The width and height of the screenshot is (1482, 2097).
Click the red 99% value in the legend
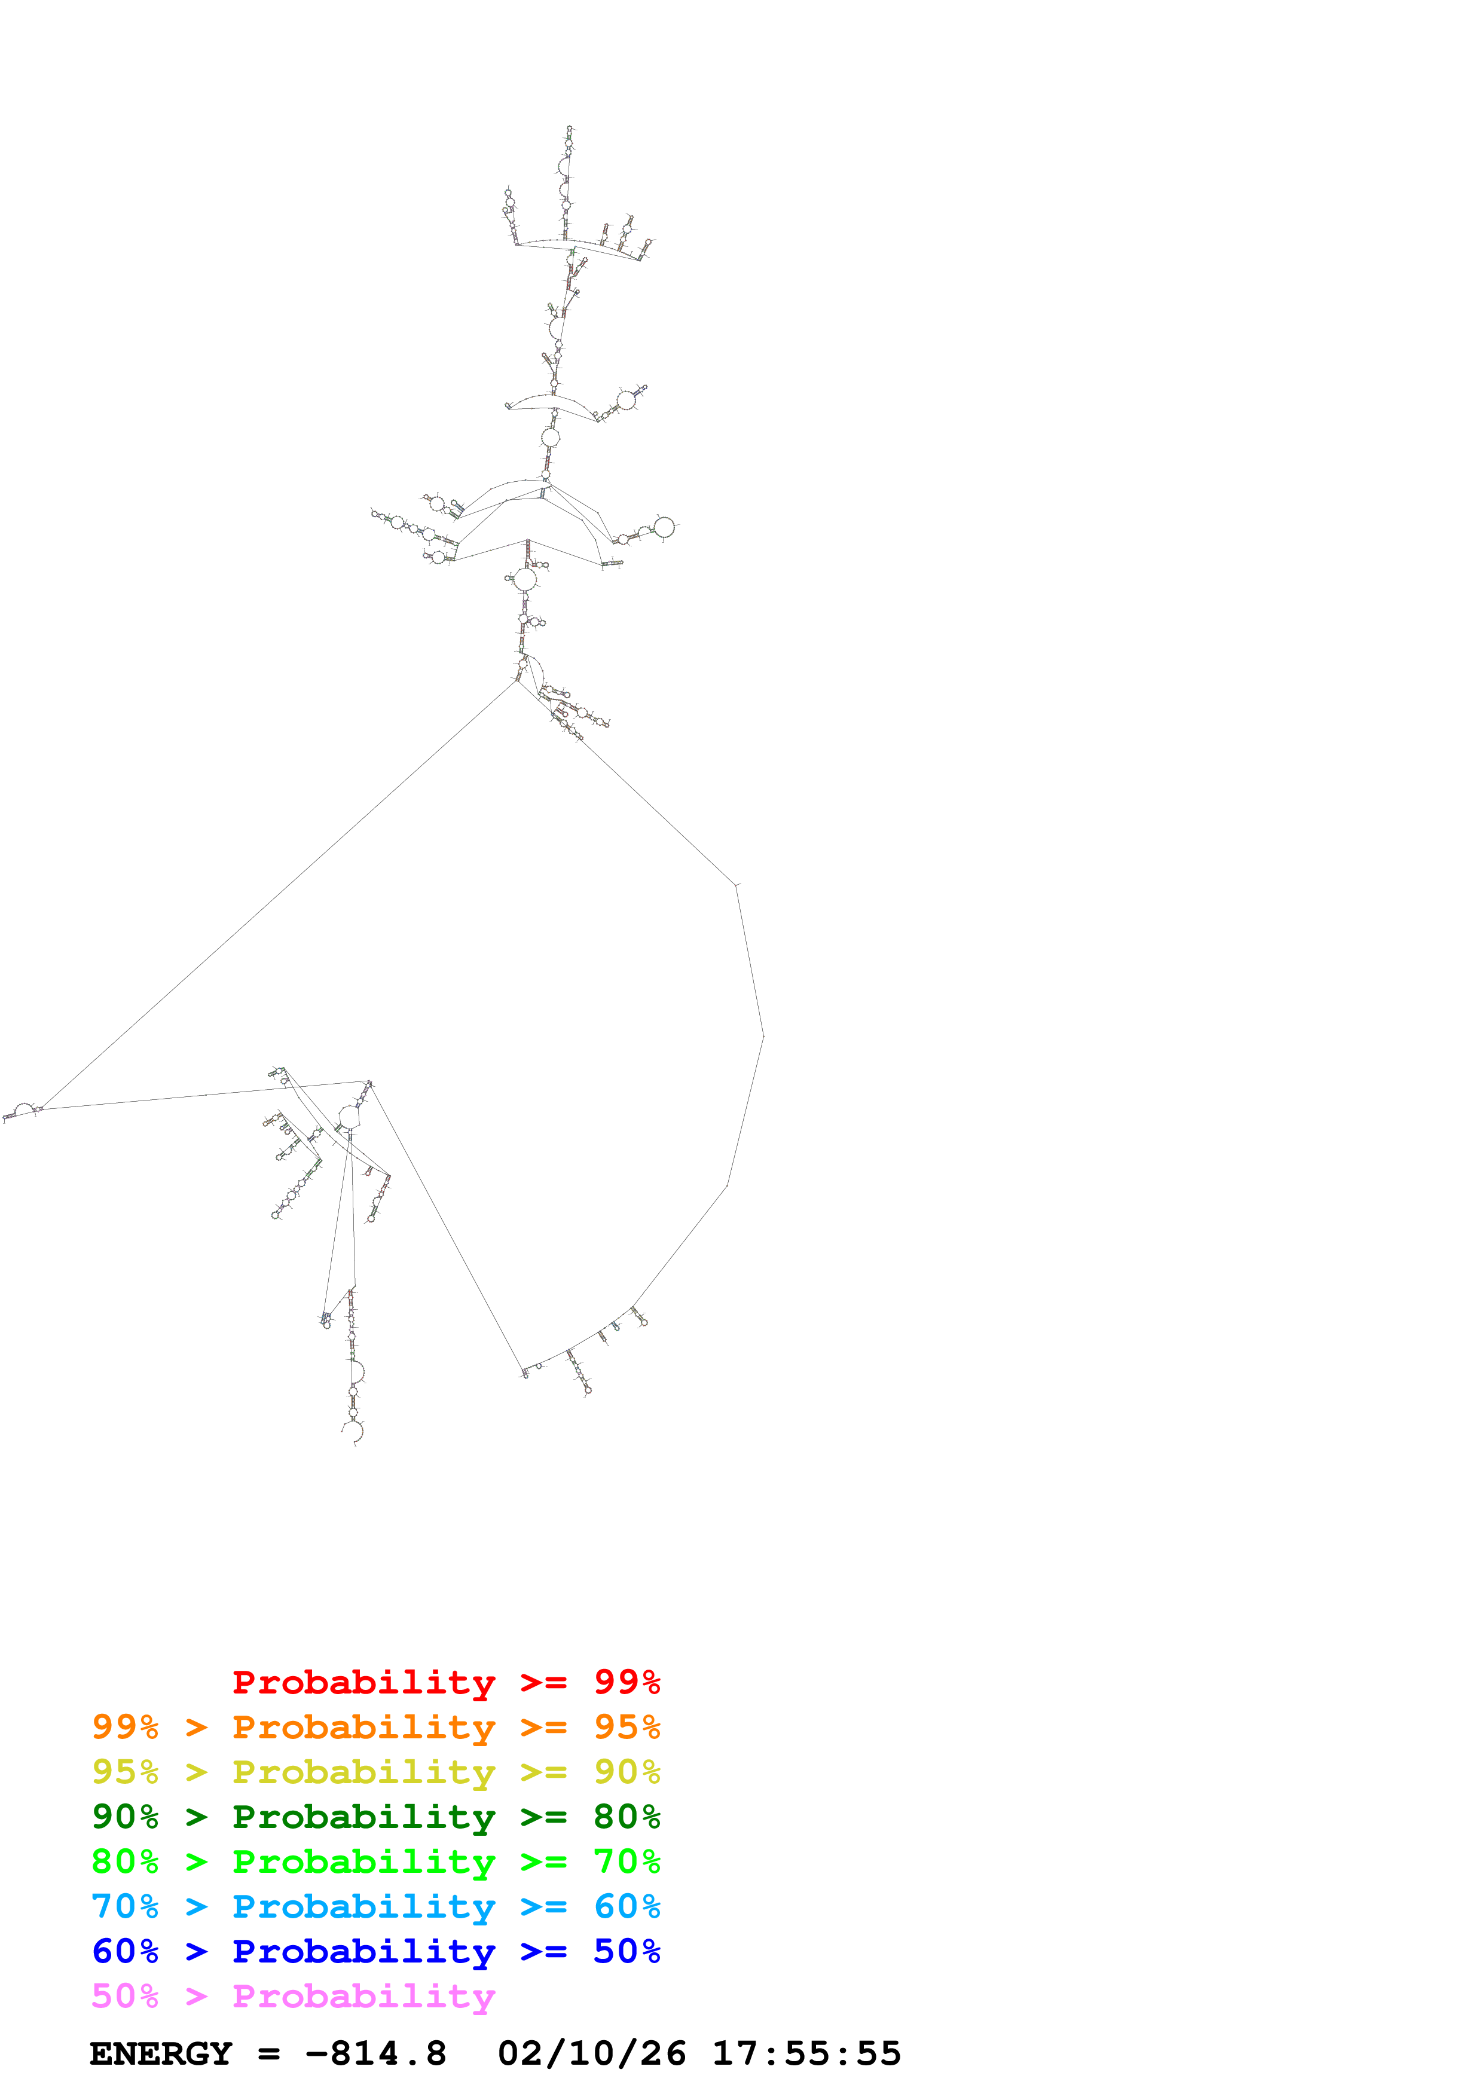(627, 1682)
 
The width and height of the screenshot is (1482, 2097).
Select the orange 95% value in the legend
(627, 1727)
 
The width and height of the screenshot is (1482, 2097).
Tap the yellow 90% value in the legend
(627, 1772)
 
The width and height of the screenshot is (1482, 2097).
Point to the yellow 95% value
(125, 1772)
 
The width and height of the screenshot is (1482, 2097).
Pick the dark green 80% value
(627, 1817)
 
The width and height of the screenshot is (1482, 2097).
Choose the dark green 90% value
(125, 1817)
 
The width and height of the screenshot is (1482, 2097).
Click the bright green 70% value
(627, 1861)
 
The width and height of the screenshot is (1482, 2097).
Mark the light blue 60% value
(627, 1906)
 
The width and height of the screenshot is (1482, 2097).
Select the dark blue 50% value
(627, 1951)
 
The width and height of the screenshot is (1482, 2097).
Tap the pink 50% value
(125, 1995)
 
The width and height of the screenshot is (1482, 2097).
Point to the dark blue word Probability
(363, 1952)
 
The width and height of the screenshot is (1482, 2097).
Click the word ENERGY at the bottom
(161, 2054)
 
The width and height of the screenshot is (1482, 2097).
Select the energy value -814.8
(375, 2054)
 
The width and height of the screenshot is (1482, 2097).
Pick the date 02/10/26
(592, 2054)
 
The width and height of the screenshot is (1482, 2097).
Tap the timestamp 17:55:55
(806, 2054)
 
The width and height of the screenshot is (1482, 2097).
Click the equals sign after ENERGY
(268, 2054)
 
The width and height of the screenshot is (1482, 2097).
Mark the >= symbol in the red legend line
(543, 1682)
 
